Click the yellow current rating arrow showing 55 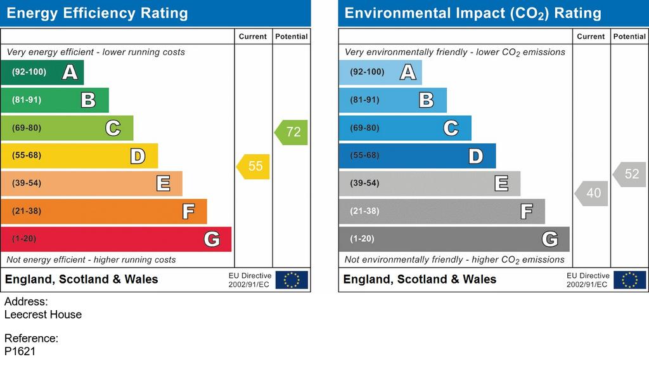pos(254,166)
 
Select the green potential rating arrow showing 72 pos(292,132)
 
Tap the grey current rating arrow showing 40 pos(591,193)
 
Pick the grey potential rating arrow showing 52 pos(629,174)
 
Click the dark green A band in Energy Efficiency pos(42,72)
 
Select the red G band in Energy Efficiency pos(116,239)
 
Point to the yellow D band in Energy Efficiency pos(79,155)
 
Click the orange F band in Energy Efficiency pos(103,211)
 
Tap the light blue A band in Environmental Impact pos(380,72)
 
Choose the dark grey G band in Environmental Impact pos(454,239)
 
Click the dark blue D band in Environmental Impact pos(417,155)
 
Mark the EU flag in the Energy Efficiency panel pos(292,280)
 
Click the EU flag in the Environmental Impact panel pos(629,280)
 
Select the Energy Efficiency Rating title pos(97,13)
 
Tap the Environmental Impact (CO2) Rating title pos(473,13)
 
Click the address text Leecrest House pos(43,315)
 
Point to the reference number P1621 pos(20,351)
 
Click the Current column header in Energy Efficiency pos(253,36)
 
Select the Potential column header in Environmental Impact pos(629,36)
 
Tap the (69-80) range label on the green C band pos(27,127)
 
